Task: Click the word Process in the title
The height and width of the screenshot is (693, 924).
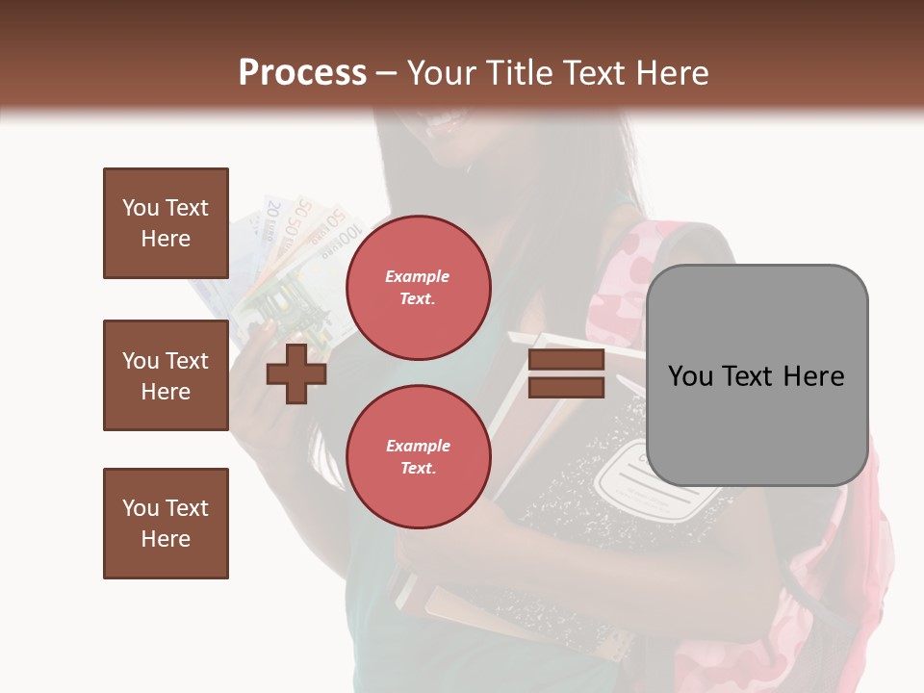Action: click(x=302, y=73)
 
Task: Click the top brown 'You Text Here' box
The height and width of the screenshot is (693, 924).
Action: click(x=166, y=223)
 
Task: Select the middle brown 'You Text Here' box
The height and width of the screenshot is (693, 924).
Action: click(x=166, y=375)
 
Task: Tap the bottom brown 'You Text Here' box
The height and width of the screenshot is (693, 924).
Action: click(x=166, y=524)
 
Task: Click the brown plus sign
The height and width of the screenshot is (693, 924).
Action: click(x=295, y=372)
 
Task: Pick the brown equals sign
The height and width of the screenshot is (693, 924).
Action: click(x=566, y=373)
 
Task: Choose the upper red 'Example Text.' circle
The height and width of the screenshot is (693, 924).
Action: click(x=418, y=287)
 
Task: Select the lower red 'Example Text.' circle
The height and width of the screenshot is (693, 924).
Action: click(x=418, y=456)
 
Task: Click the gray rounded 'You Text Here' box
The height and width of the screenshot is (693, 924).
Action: click(x=757, y=375)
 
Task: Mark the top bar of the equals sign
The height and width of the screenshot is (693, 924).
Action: click(x=566, y=360)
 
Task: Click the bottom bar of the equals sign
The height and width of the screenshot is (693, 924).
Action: click(x=566, y=387)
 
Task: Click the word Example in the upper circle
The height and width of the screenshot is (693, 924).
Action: click(x=418, y=276)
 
